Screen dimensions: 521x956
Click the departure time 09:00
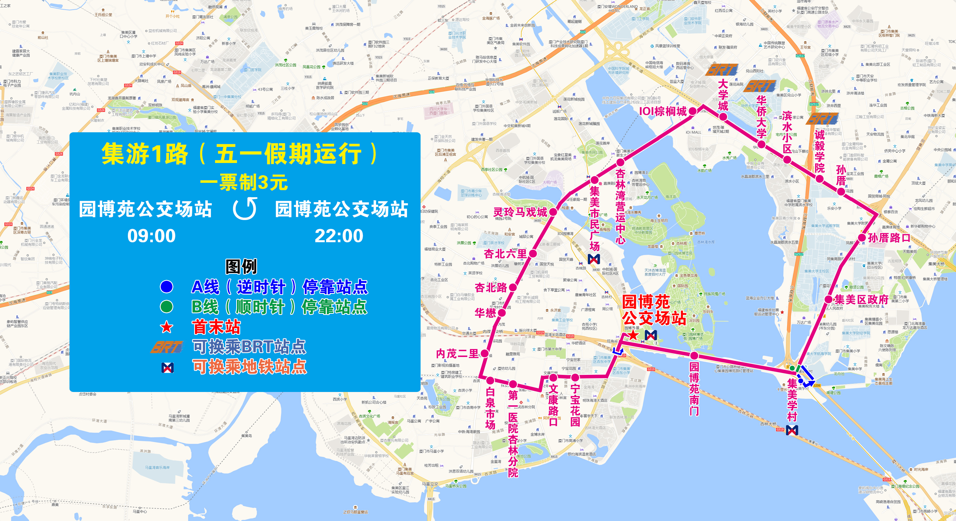(x=152, y=236)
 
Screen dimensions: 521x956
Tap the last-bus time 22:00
(x=339, y=236)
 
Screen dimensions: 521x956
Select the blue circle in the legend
(x=167, y=287)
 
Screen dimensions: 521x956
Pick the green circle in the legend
(x=167, y=307)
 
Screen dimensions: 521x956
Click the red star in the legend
(x=167, y=327)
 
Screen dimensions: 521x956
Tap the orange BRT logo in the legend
(x=167, y=347)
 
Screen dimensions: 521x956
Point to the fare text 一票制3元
(x=244, y=182)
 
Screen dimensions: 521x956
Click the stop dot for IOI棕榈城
(x=693, y=111)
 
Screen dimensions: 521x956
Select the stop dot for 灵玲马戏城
(x=553, y=212)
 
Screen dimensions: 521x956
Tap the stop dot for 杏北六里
(x=532, y=254)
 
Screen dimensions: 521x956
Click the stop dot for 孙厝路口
(x=862, y=238)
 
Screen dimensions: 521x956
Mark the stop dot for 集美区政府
(x=829, y=299)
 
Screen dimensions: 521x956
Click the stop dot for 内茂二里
(x=485, y=353)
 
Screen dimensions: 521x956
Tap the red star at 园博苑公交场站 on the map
(x=633, y=335)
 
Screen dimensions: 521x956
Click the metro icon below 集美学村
(x=792, y=430)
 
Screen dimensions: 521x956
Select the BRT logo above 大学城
(x=722, y=70)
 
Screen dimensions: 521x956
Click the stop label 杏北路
(x=491, y=287)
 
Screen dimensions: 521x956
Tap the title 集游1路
(x=145, y=153)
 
